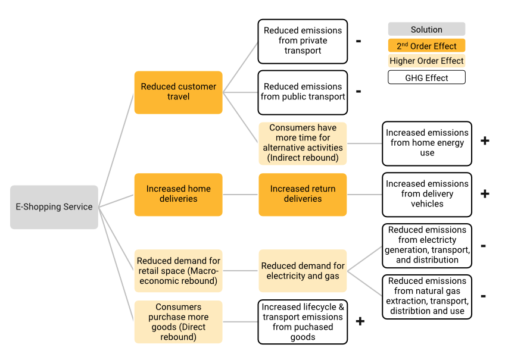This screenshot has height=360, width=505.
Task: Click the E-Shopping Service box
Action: click(x=54, y=207)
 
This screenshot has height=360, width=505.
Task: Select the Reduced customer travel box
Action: click(x=178, y=92)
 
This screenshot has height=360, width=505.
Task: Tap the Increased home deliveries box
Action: click(x=178, y=194)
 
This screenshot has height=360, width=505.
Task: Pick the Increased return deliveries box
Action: click(x=303, y=194)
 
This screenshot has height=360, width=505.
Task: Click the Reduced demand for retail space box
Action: click(x=178, y=271)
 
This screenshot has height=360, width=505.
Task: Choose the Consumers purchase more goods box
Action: click(x=178, y=322)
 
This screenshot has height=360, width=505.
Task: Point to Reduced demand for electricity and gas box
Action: click(x=303, y=271)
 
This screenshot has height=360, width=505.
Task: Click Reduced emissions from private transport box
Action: click(x=303, y=41)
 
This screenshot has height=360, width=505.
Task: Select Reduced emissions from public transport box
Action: click(x=303, y=92)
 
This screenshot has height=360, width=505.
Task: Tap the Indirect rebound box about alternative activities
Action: click(x=303, y=143)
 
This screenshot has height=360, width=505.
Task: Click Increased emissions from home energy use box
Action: click(x=426, y=143)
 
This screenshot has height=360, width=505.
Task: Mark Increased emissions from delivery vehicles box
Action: click(x=426, y=194)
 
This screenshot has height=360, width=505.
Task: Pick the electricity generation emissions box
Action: click(x=426, y=245)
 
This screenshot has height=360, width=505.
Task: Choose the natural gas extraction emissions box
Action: click(x=426, y=296)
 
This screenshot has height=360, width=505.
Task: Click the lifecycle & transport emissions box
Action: click(x=303, y=322)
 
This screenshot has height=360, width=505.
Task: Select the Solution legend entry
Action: click(x=426, y=29)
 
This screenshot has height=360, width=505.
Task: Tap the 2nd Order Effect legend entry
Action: click(x=426, y=46)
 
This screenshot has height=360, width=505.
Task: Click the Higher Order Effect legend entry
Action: click(x=426, y=61)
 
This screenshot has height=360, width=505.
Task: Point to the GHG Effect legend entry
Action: click(x=426, y=77)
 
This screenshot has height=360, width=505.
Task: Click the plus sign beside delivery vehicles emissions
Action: click(x=484, y=194)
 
